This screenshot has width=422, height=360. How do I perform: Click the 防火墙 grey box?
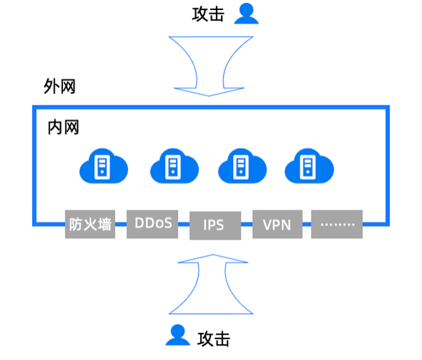tap(91, 223)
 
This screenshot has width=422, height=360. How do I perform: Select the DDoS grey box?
tap(153, 223)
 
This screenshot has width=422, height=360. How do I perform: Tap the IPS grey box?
tap(214, 224)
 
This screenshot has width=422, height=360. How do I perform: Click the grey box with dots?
tap(337, 223)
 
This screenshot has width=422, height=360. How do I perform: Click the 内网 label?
tap(64, 127)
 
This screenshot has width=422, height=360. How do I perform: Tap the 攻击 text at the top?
tap(208, 15)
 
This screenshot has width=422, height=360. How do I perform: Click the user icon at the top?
tap(246, 13)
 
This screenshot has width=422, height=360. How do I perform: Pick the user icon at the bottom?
tap(178, 335)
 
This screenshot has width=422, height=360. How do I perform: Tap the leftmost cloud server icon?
tap(103, 167)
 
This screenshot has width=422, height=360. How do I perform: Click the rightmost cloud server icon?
tap(309, 167)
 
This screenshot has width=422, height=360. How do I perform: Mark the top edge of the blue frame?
tap(212, 108)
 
